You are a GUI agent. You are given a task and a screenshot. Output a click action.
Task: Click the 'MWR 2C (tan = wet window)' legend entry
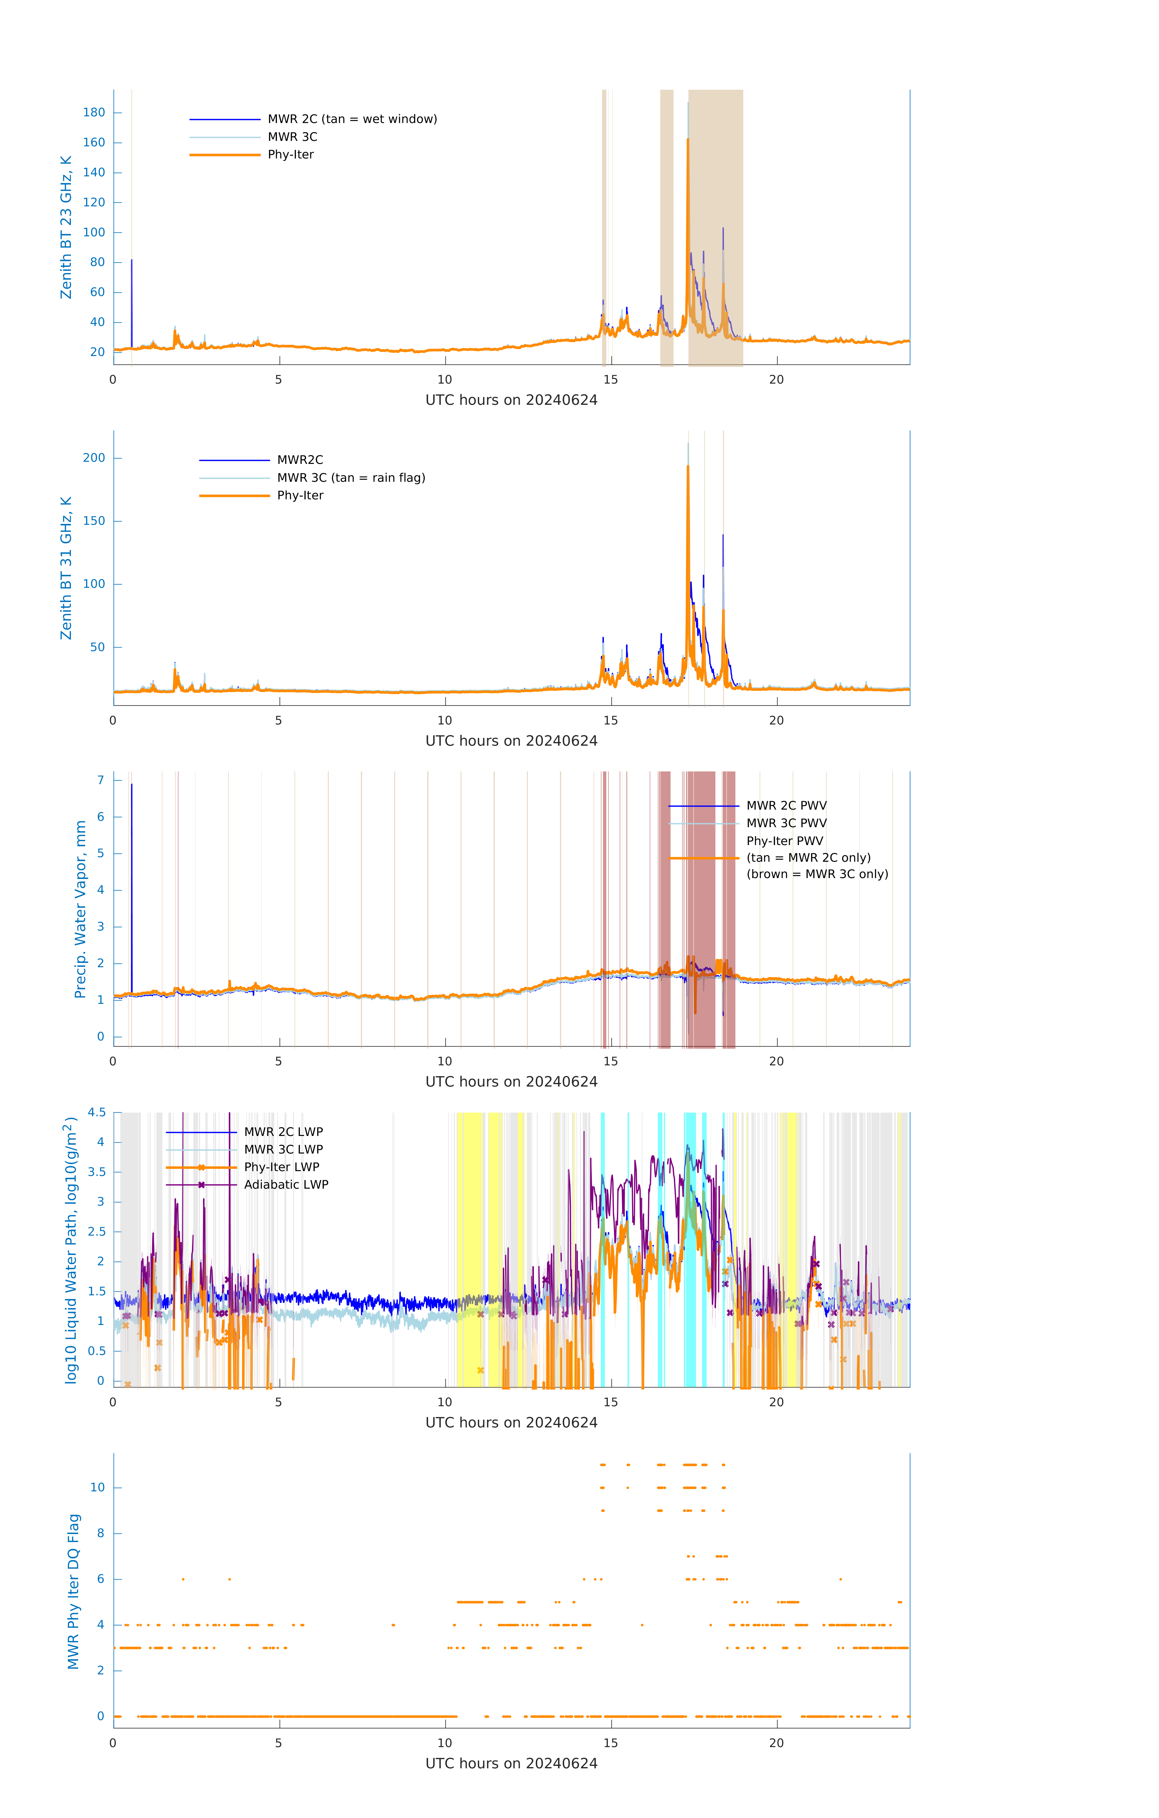click(352, 119)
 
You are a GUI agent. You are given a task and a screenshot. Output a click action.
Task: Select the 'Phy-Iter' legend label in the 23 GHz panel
click(291, 155)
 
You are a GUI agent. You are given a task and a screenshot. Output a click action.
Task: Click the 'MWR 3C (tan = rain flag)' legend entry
click(351, 478)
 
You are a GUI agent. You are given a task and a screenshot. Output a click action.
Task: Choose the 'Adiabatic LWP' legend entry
click(286, 1184)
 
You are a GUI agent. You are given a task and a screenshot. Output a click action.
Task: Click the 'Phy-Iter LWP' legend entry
click(281, 1167)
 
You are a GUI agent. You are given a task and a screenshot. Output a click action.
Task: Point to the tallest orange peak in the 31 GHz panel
click(688, 468)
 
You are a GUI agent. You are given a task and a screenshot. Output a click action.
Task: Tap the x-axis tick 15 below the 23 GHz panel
click(610, 380)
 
